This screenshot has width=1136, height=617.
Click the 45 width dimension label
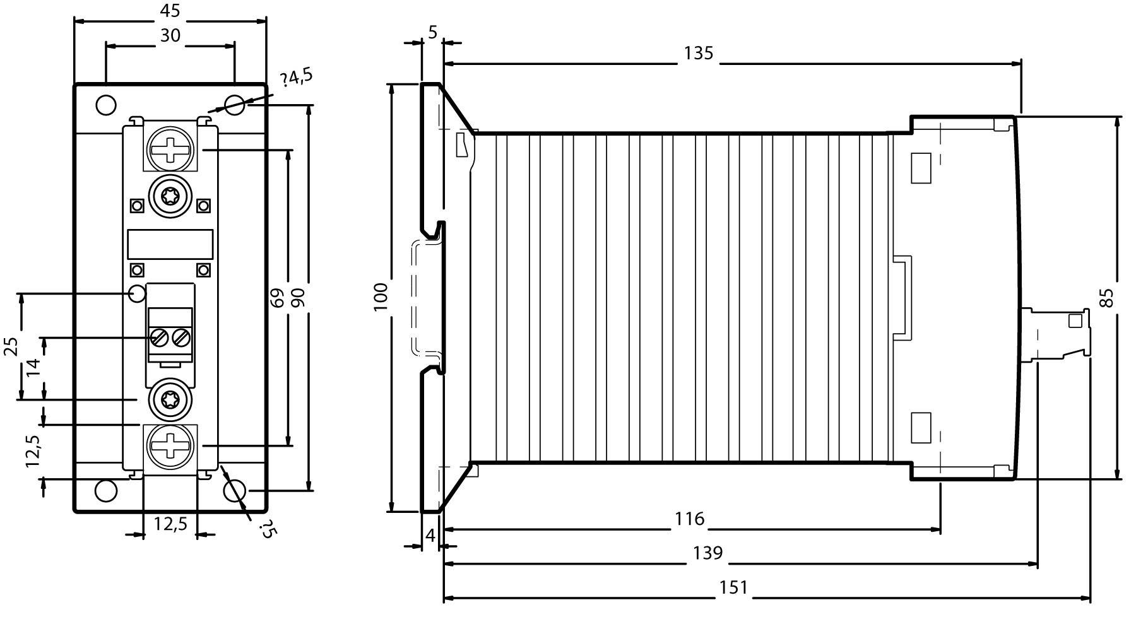pyautogui.click(x=170, y=11)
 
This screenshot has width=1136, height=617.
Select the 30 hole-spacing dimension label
pyautogui.click(x=170, y=36)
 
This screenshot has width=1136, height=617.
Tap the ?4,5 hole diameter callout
pyautogui.click(x=297, y=78)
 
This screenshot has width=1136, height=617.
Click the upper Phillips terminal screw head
pyautogui.click(x=170, y=150)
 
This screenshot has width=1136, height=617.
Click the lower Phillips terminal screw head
pyautogui.click(x=170, y=445)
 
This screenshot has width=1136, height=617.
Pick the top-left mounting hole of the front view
pyautogui.click(x=106, y=105)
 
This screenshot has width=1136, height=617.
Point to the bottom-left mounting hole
pyautogui.click(x=106, y=490)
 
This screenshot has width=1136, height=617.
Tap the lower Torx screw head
pyautogui.click(x=170, y=399)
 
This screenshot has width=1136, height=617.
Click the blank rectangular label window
pyautogui.click(x=170, y=244)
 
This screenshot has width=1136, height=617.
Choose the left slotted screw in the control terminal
pyautogui.click(x=158, y=338)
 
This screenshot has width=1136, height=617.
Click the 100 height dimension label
pyautogui.click(x=381, y=297)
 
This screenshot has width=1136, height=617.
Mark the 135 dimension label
pyautogui.click(x=699, y=54)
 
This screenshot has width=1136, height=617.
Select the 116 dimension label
pyautogui.click(x=689, y=519)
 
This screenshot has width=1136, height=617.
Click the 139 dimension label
pyautogui.click(x=707, y=553)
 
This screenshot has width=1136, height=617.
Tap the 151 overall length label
pyautogui.click(x=733, y=588)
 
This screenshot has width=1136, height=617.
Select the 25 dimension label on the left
pyautogui.click(x=11, y=346)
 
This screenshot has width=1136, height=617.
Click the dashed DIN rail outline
pyautogui.click(x=415, y=297)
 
